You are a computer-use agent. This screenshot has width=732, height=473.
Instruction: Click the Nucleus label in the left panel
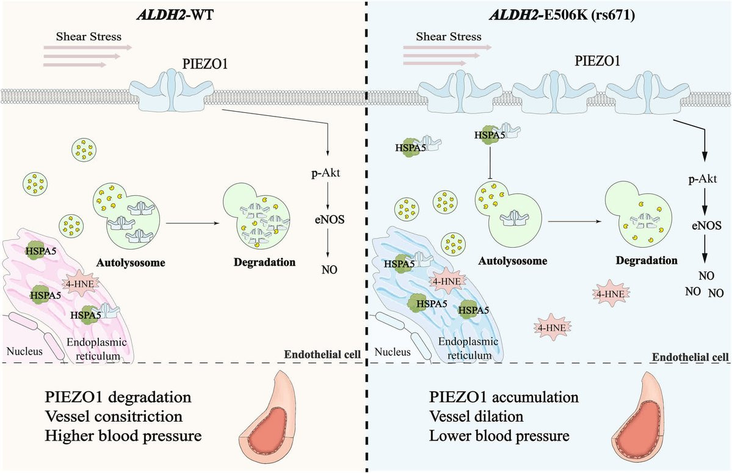(x=23, y=351)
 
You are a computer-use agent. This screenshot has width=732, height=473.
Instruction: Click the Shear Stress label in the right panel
(x=449, y=36)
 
